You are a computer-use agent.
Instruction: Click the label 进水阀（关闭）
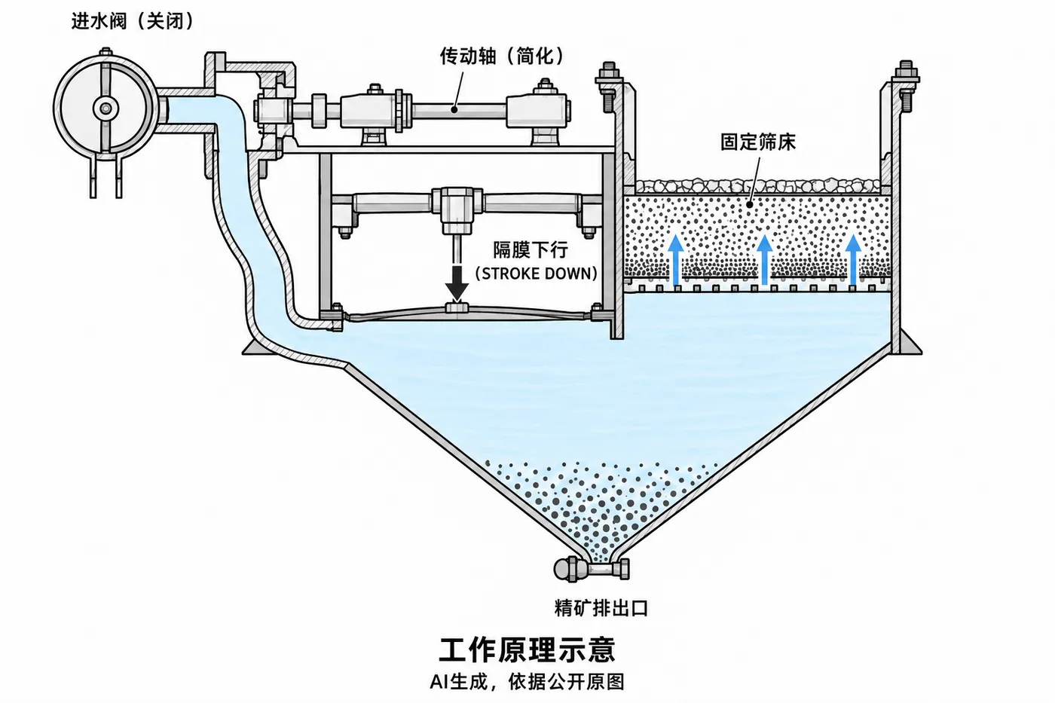click(x=133, y=21)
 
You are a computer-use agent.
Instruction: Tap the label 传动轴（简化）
click(x=502, y=56)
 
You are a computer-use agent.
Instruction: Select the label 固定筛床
click(x=758, y=142)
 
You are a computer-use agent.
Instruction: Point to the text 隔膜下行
click(x=531, y=250)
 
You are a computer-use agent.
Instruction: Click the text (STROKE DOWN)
click(x=537, y=274)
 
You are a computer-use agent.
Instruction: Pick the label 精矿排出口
click(x=601, y=608)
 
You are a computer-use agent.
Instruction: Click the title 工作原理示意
click(x=527, y=650)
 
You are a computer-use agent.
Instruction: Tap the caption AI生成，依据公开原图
click(x=527, y=681)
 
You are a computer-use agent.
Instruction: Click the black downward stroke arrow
click(x=457, y=283)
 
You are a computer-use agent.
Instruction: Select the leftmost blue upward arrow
click(x=677, y=260)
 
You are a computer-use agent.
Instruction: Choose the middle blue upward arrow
click(x=764, y=260)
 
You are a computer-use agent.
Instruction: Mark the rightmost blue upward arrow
click(x=853, y=260)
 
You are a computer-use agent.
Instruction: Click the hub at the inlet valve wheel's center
click(x=105, y=109)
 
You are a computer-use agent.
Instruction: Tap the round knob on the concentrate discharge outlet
click(x=562, y=570)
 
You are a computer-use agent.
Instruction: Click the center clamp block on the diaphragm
click(x=457, y=307)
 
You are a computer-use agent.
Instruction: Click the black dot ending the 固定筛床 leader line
click(x=749, y=205)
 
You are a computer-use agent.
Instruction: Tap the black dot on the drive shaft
click(x=454, y=110)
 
